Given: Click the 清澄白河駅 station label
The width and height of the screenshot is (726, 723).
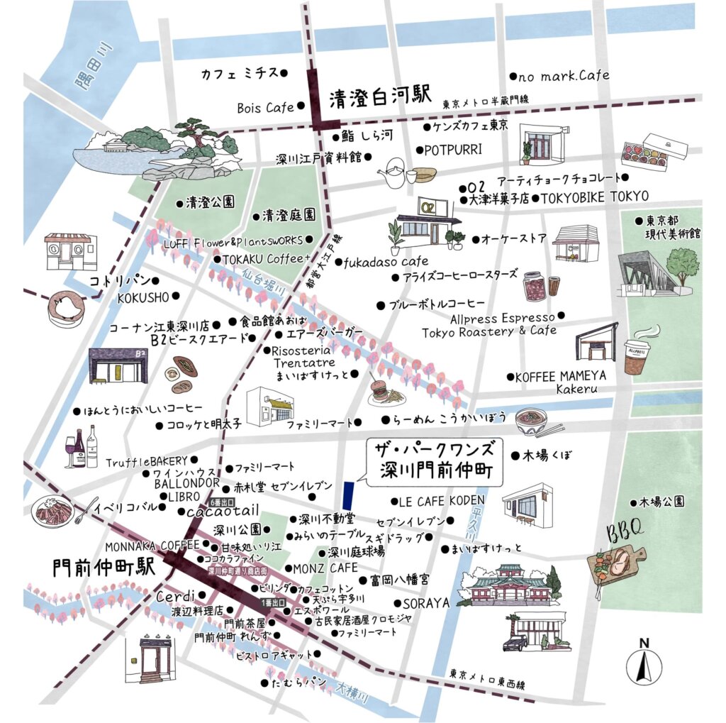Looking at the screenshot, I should [380, 99].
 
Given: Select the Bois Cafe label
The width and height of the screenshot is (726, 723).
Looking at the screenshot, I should [265, 108].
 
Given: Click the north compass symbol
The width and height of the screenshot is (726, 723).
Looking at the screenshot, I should [644, 663].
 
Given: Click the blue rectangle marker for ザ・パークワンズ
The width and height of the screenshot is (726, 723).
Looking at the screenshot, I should [347, 491].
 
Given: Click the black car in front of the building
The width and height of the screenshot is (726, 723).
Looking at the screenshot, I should [515, 643].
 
